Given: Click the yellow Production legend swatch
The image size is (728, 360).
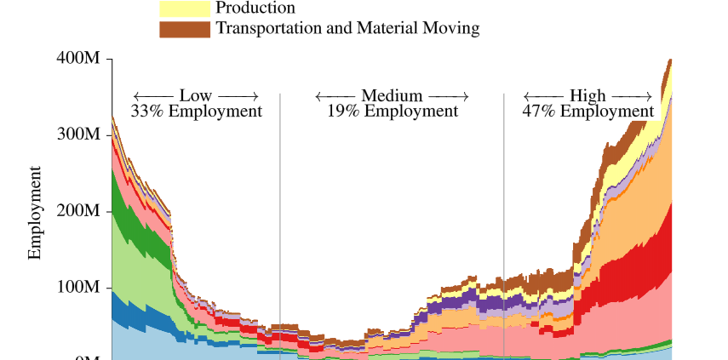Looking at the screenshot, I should click(185, 9).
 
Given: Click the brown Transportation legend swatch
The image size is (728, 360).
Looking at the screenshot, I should click(185, 29).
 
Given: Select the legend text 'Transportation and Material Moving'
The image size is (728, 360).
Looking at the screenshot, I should click(347, 28).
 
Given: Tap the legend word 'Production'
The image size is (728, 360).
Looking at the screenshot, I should click(255, 8).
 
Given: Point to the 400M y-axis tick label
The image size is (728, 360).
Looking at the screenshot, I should click(78, 59).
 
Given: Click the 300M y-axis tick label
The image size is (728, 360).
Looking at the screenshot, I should click(78, 134).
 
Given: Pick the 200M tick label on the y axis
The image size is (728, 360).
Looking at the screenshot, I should click(78, 211).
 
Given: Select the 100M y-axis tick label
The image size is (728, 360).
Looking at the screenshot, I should click(78, 288).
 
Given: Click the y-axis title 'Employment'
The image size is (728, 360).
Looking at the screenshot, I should click(36, 213).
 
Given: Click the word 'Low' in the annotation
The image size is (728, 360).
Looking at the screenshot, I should click(196, 95).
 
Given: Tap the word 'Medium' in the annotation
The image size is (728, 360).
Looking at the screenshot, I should click(392, 95).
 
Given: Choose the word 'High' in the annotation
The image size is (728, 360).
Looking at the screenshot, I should click(588, 95).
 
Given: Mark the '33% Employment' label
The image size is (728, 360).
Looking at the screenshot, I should click(197, 111).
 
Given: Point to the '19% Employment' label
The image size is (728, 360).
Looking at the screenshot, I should click(393, 111).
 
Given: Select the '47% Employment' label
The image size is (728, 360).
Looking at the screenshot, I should click(588, 111).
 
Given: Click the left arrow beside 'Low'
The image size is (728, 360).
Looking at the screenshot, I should click(153, 95).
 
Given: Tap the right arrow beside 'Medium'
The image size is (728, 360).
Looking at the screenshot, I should click(448, 95).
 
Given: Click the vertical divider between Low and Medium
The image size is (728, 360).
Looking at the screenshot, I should click(280, 213).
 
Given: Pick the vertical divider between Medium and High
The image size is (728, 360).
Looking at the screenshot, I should click(504, 213).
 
